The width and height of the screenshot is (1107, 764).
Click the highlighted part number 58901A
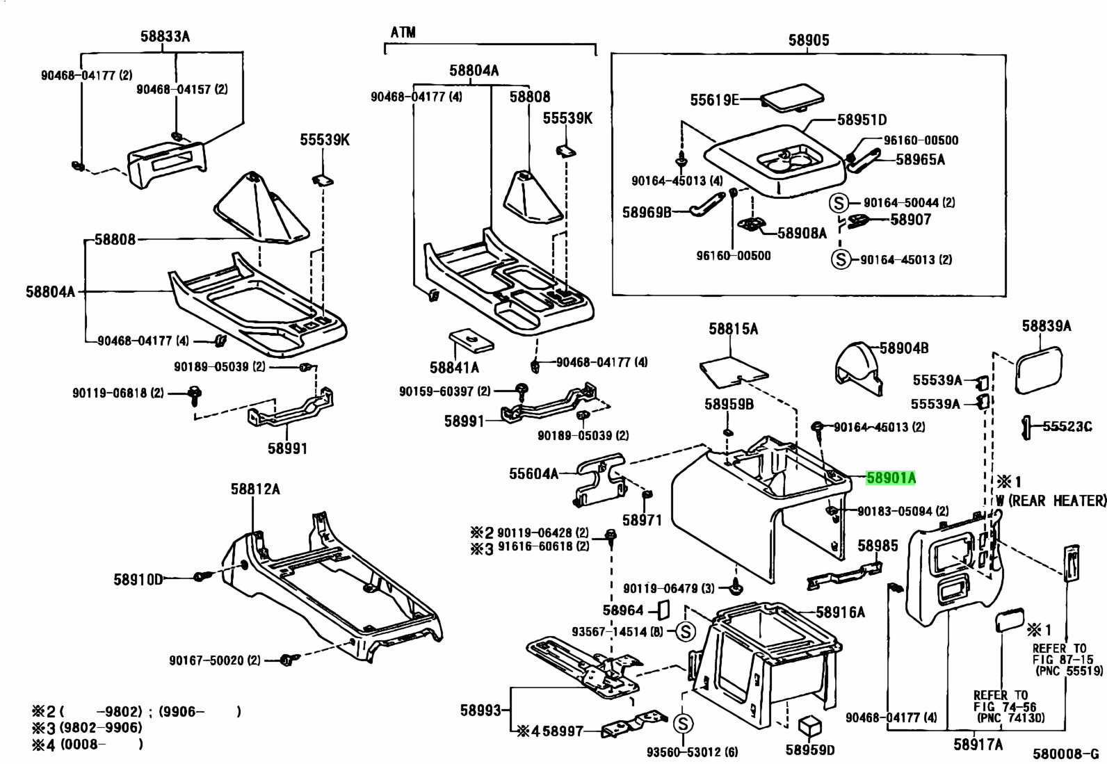coord(891,478)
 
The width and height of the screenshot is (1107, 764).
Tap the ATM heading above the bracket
coord(403,33)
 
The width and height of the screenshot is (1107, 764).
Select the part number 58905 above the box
coord(809,40)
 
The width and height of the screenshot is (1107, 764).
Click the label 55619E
coord(715,100)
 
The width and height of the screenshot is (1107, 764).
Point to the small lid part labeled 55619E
coord(792,97)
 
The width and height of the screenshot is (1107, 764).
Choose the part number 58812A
coord(255,489)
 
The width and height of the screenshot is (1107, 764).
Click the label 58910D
coord(138,579)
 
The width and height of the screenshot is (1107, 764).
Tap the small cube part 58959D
coord(810,726)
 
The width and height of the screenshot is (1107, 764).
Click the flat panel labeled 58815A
coord(734,372)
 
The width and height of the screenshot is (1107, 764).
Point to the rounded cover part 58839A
coord(1038,370)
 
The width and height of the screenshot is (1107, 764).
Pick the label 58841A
coord(454,368)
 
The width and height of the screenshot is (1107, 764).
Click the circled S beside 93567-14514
coord(685,631)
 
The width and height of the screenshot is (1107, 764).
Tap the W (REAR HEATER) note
coord(1051,501)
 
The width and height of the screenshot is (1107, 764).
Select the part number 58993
coord(481,710)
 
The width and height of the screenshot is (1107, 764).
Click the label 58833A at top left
coord(165,37)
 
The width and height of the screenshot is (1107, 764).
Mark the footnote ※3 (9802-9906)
coord(88,727)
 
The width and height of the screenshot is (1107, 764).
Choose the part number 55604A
coord(534,474)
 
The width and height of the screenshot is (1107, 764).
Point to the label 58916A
coord(840,612)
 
